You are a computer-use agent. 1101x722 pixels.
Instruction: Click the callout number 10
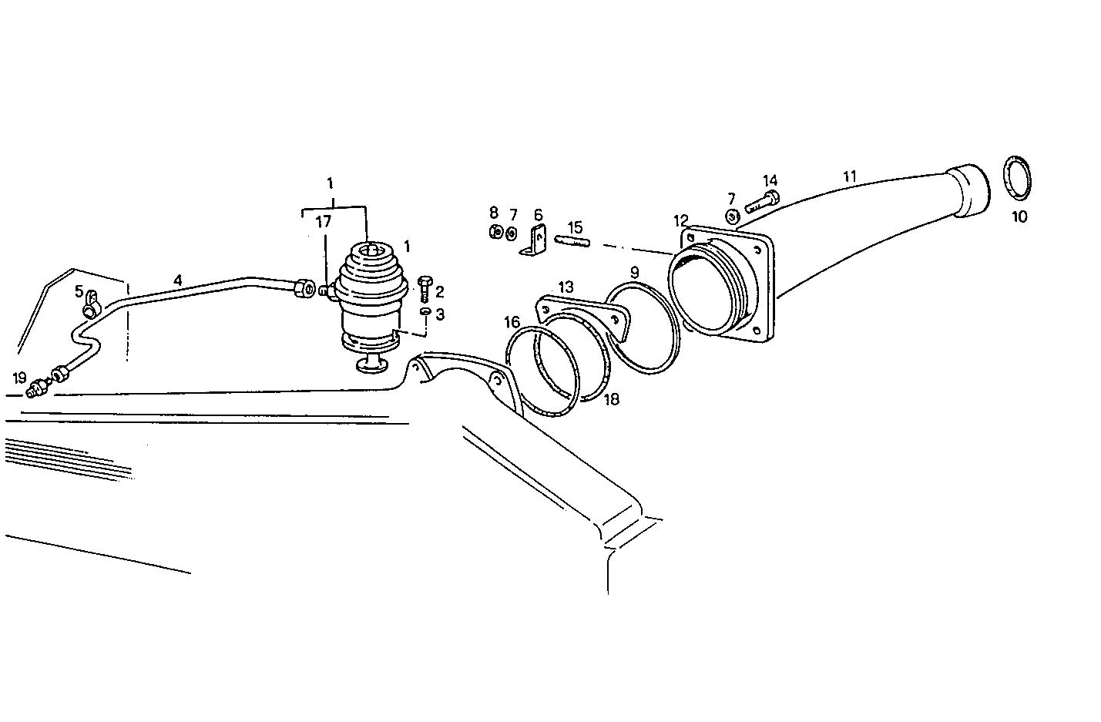pos(1019,217)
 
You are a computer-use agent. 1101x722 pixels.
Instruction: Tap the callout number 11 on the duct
pos(849,176)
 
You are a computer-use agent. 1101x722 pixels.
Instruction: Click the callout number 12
pos(680,221)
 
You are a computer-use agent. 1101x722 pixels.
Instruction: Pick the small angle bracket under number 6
pos(536,241)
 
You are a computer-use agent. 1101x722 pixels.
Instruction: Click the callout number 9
pos(634,272)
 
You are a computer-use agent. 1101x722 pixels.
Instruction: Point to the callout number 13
pos(566,287)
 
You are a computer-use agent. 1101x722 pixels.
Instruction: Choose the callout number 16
pos(512,322)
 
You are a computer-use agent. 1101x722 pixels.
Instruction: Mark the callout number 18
pos(612,399)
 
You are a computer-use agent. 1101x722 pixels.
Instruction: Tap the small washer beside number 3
pos(425,311)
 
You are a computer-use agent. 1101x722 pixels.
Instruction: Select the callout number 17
pos(324,221)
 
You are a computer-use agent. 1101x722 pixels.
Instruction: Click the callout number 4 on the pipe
pos(177,280)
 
